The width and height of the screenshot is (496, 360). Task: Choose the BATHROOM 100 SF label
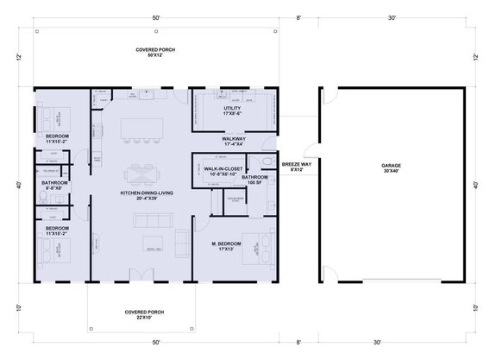(256, 180)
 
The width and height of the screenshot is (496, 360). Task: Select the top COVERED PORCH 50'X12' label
(154, 54)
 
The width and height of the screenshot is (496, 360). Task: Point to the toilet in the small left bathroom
(42, 199)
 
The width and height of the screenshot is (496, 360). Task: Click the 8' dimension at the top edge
(298, 17)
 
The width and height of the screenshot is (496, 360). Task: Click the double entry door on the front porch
(141, 275)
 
